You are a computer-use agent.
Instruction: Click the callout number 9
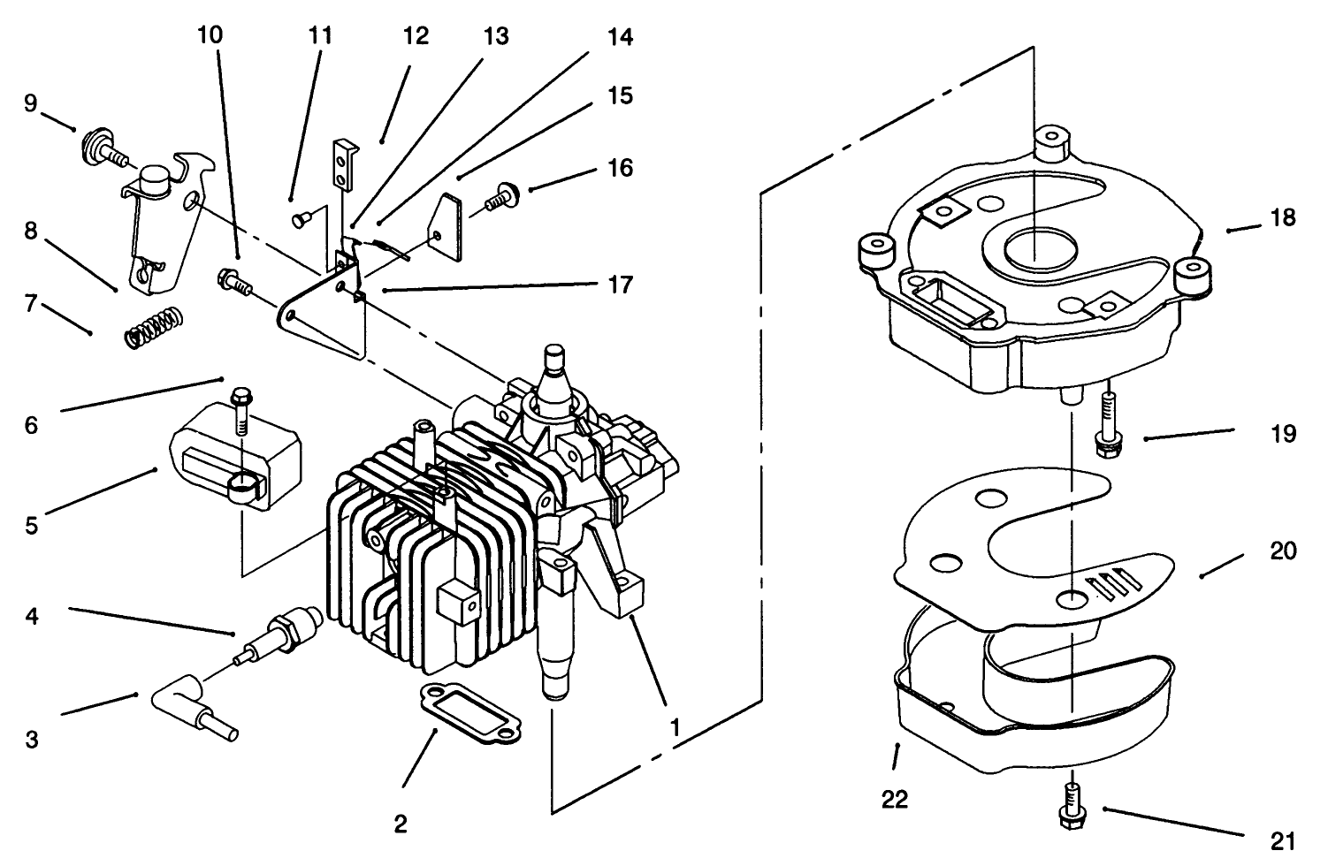31,104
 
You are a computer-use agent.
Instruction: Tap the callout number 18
1283,217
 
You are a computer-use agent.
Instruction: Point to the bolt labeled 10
233,282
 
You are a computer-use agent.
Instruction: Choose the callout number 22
895,800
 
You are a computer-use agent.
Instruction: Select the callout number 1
675,727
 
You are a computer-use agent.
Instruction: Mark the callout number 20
1283,551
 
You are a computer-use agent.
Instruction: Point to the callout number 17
621,285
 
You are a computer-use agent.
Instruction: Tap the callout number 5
31,526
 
